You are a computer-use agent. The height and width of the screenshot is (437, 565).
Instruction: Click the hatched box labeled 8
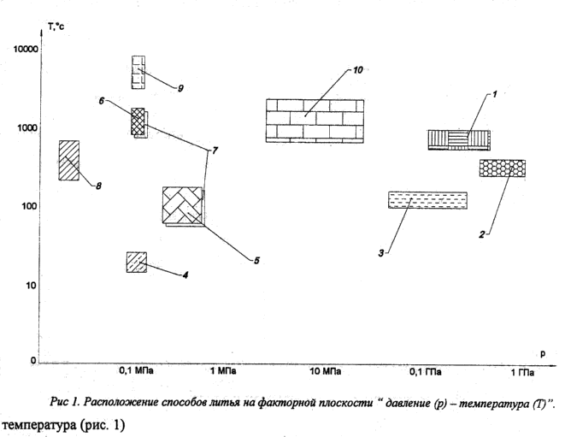[x=69, y=160]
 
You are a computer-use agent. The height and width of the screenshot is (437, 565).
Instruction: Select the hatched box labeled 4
[x=136, y=262]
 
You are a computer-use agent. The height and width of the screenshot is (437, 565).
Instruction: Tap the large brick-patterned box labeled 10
[x=315, y=120]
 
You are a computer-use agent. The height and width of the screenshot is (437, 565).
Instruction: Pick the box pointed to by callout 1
[x=459, y=139]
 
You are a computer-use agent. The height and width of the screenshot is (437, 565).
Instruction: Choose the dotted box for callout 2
[x=502, y=168]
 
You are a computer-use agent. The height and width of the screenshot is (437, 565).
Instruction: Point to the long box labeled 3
[x=427, y=200]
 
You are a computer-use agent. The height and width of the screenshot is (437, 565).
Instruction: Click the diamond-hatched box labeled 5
[x=184, y=206]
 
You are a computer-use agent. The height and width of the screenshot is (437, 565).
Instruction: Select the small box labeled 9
[x=138, y=73]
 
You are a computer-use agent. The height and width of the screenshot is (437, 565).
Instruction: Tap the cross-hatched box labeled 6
[x=138, y=122]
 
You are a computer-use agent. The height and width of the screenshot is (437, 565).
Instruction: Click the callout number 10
[x=358, y=68]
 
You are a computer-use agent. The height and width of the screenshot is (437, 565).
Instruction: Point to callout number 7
[x=215, y=150]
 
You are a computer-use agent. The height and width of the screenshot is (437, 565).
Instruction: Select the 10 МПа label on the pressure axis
[x=326, y=372]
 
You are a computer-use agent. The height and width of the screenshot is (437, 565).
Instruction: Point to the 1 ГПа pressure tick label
[x=522, y=372]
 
